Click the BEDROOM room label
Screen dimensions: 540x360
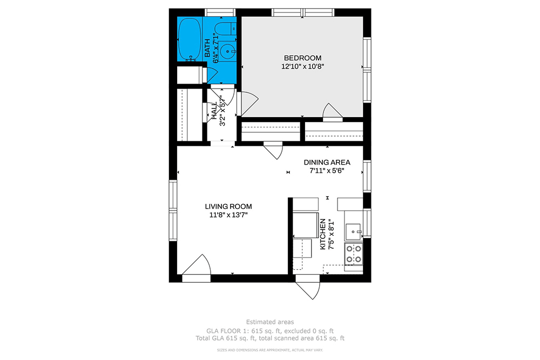(x=302, y=58)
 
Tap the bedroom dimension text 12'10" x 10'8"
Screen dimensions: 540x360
(x=303, y=66)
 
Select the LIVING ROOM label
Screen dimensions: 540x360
(x=228, y=207)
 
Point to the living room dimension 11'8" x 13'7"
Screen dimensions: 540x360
(x=228, y=215)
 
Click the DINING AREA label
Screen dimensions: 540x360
(x=327, y=162)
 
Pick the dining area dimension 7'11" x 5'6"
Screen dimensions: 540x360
(x=327, y=171)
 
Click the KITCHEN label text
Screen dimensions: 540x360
(x=323, y=234)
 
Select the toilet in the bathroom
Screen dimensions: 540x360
(x=225, y=29)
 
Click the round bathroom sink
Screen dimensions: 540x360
(x=228, y=52)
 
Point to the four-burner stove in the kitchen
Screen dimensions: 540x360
(x=354, y=254)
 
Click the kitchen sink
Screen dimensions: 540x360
(x=353, y=232)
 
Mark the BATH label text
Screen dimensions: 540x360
(x=207, y=48)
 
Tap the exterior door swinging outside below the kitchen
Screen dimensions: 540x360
(x=308, y=287)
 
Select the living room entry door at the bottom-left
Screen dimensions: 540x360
(x=197, y=268)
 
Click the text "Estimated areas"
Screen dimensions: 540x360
(x=270, y=322)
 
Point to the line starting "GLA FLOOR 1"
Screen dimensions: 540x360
(x=270, y=331)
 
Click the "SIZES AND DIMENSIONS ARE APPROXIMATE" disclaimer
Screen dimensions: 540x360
(x=270, y=350)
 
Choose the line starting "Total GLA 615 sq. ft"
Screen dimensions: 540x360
(x=270, y=338)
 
